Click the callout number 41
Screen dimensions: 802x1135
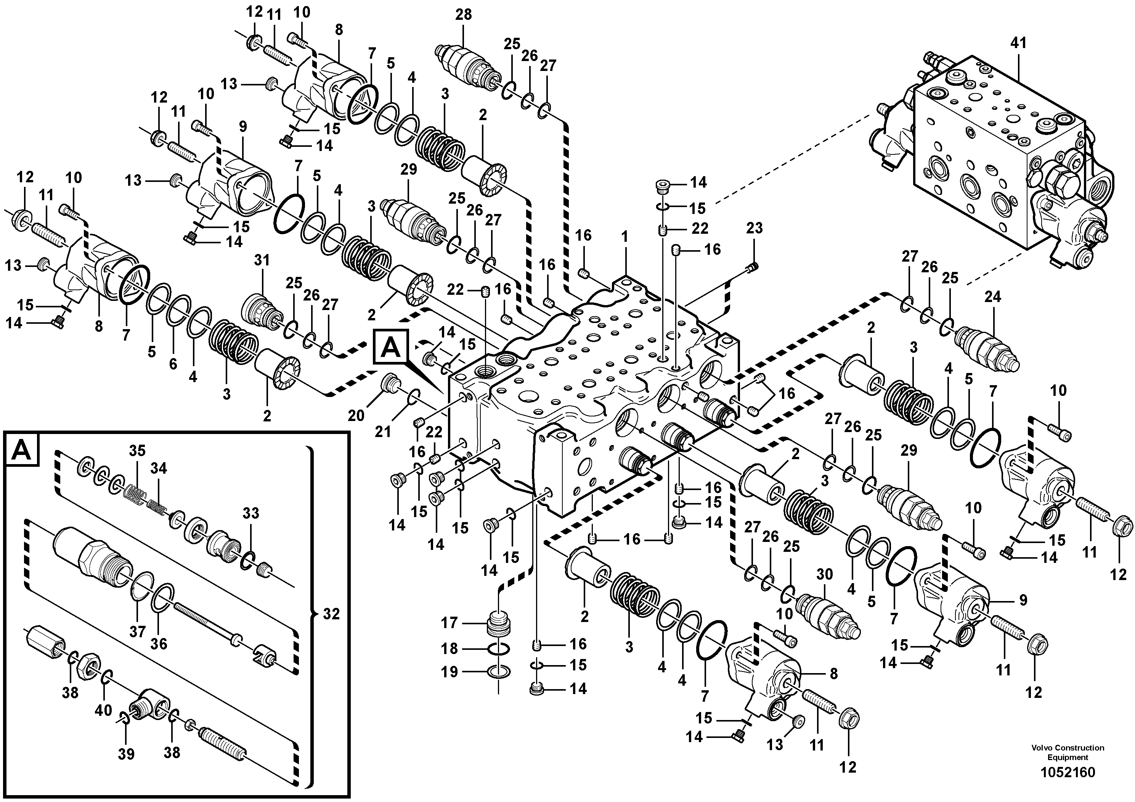[x=1018, y=43]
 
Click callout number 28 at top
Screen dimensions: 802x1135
[x=463, y=14]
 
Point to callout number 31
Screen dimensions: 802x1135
[x=262, y=260]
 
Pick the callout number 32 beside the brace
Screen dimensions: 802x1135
[x=331, y=614]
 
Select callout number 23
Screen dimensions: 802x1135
[x=755, y=228]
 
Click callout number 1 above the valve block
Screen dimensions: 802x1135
[x=624, y=237]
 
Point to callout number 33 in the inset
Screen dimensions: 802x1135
[x=250, y=513]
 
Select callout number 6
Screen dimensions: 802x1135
[x=173, y=364]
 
